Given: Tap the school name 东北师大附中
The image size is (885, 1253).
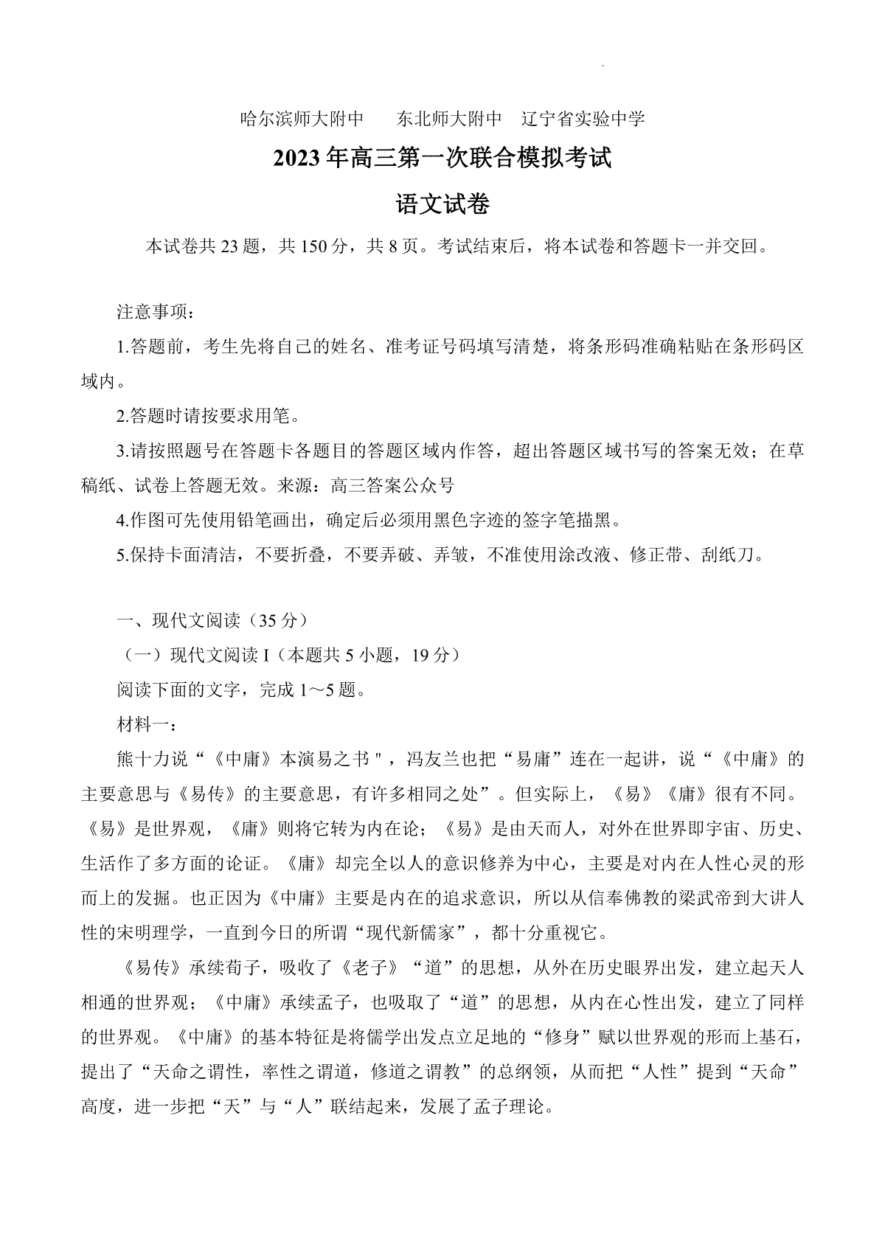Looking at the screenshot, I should pyautogui.click(x=449, y=119).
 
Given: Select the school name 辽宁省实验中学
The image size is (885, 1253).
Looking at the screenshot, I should pyautogui.click(x=583, y=119).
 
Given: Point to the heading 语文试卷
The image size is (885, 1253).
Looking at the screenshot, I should pyautogui.click(x=442, y=204).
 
